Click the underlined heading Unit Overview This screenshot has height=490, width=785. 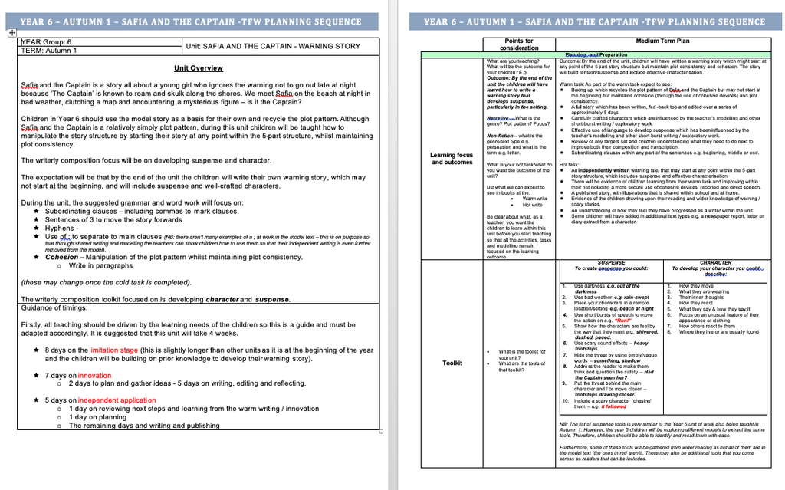[198, 68]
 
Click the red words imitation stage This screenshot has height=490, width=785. [114, 350]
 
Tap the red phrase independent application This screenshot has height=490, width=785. [117, 400]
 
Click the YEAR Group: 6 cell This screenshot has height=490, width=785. [48, 42]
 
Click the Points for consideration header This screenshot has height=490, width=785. [519, 44]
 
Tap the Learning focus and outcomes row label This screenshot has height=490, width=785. [452, 159]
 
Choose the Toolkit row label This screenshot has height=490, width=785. [452, 363]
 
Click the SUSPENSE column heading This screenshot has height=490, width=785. [611, 262]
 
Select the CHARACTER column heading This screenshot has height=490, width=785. [715, 262]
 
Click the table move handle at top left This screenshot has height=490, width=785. [11, 33]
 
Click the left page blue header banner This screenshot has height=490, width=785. [191, 21]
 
